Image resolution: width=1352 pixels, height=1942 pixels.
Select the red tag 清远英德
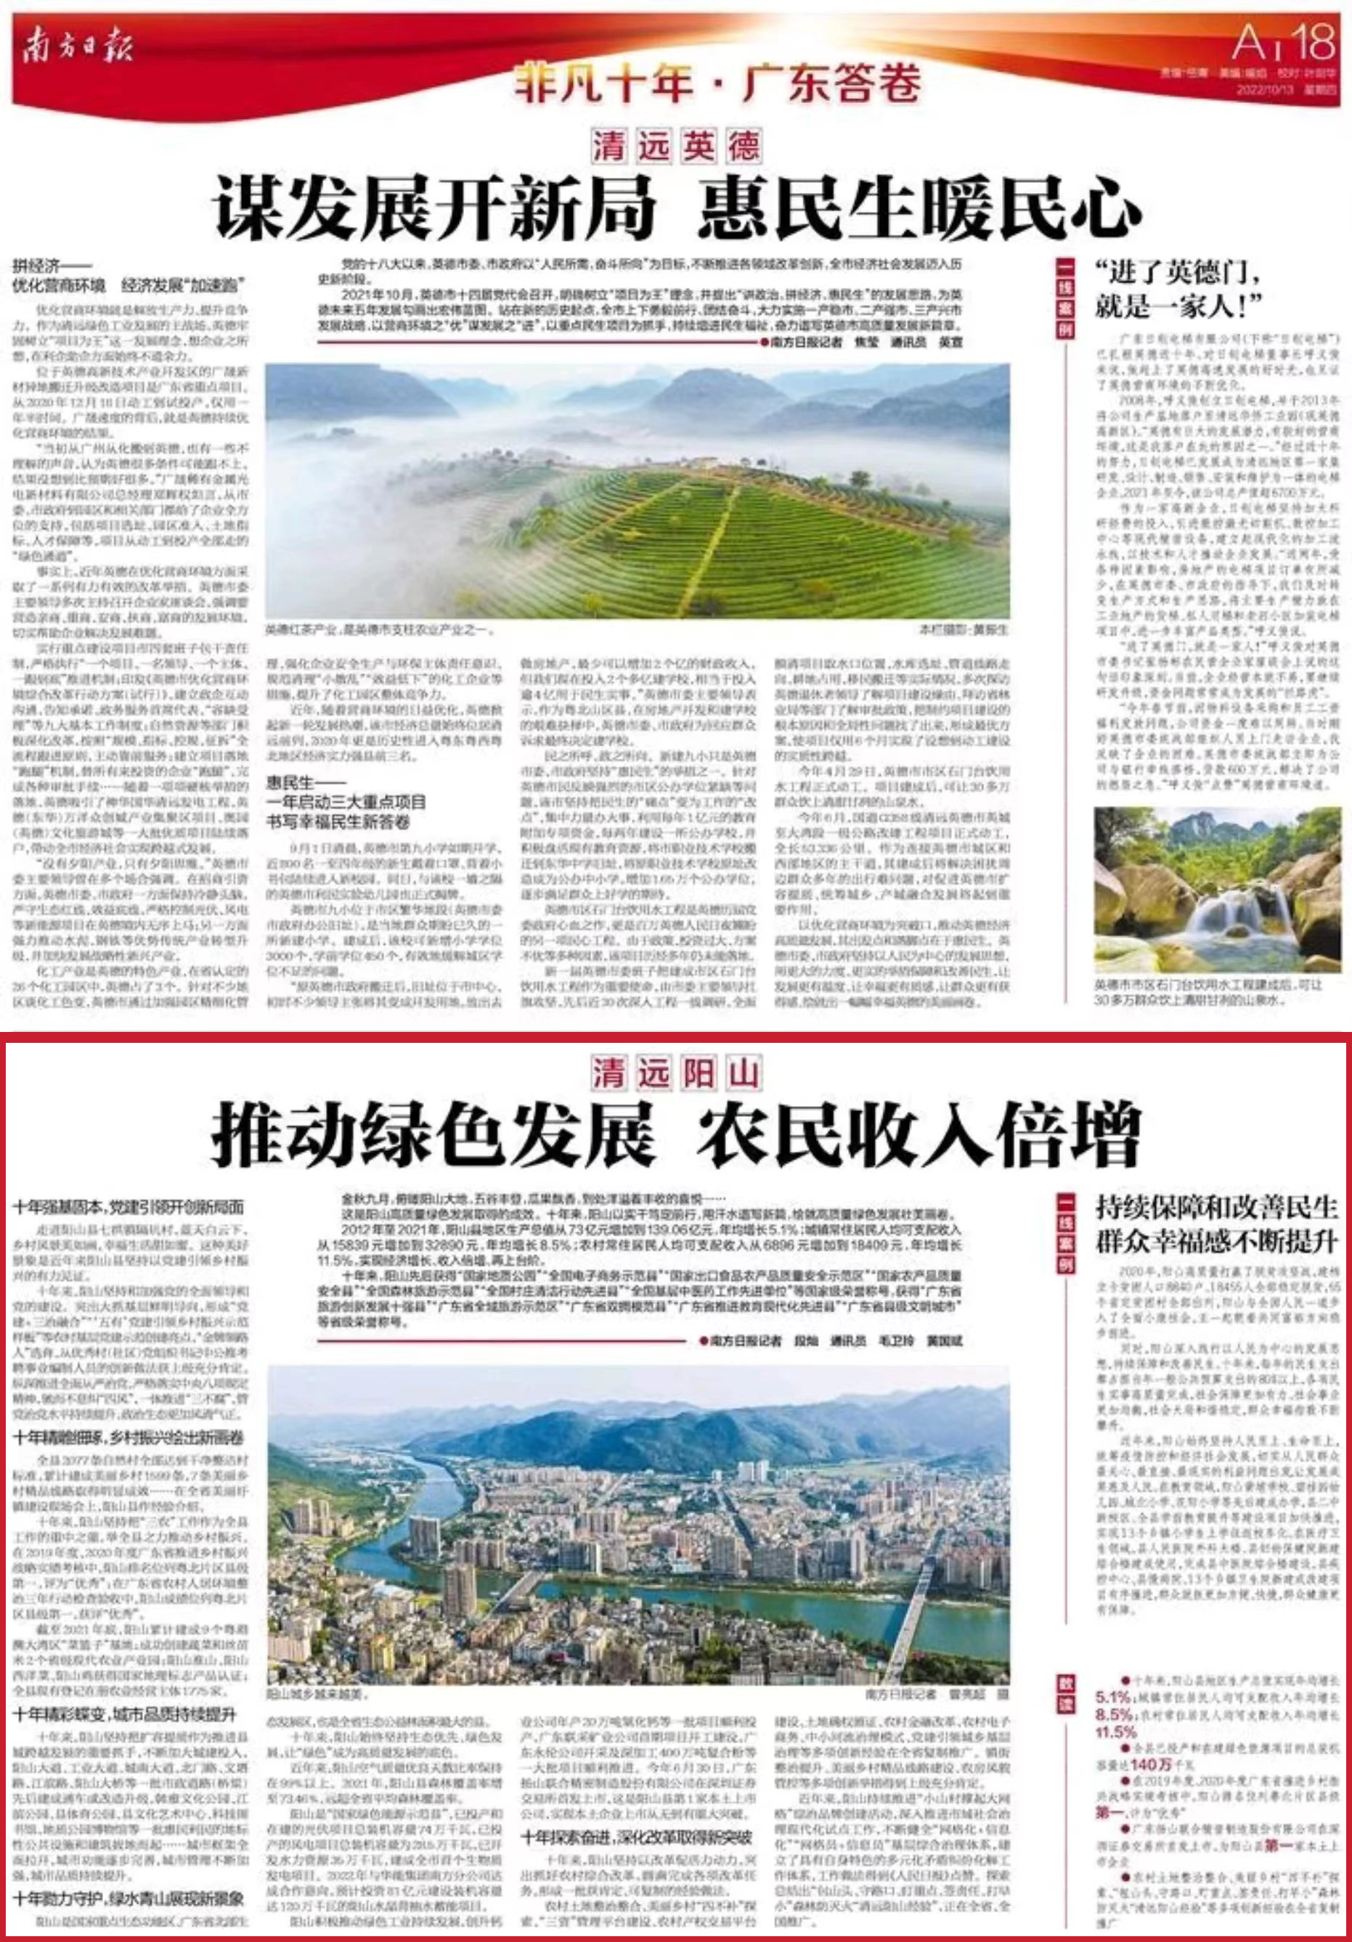click(x=675, y=147)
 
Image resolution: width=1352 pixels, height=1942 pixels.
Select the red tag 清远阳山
click(x=675, y=1074)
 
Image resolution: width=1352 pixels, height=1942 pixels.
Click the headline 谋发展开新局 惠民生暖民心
click(x=677, y=208)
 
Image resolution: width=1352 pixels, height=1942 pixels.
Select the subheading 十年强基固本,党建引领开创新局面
click(x=129, y=1207)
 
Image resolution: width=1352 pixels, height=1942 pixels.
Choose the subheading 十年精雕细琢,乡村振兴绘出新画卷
click(x=129, y=1437)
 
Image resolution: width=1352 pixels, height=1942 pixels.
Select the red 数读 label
click(x=1065, y=1683)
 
